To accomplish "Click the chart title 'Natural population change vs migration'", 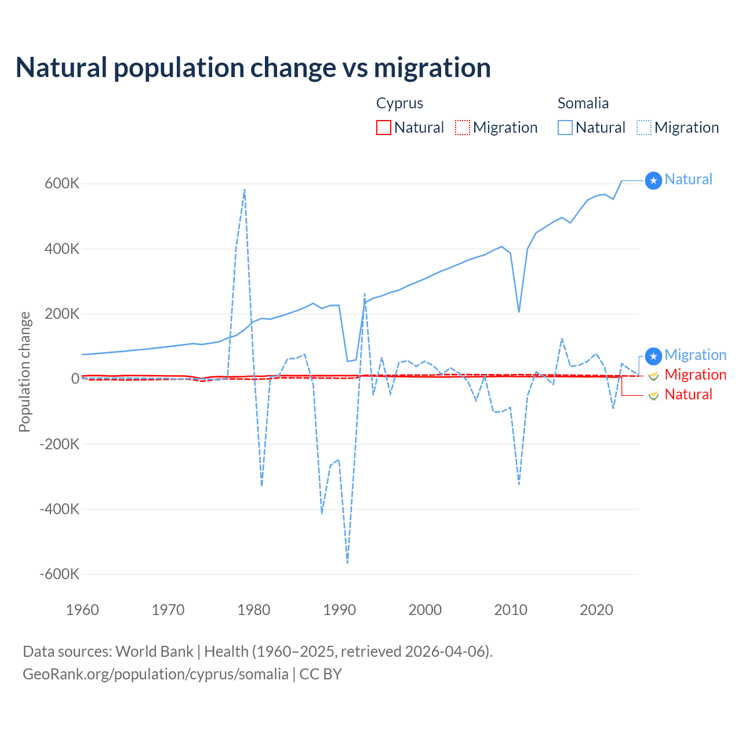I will pos(253,68).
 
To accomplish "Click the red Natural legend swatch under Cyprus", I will pos(384,128).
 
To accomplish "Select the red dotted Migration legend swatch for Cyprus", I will pos(463,128).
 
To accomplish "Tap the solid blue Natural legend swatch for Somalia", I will pos(565,128).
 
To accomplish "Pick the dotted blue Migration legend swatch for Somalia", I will pos(644,128).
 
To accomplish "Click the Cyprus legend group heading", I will pos(399,103).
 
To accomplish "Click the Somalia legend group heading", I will pos(583,103).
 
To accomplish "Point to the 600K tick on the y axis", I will pos(63,184).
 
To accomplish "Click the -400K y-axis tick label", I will pos(59,509).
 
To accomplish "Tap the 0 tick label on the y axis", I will pos(75,379).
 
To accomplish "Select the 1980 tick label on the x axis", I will pos(254,610).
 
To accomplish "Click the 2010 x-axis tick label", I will pos(511,610).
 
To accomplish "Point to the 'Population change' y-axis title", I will pos(24,372).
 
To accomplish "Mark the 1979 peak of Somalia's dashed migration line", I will pos(245,190).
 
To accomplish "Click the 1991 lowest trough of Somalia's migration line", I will pos(347,562).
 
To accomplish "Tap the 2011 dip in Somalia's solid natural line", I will pos(519,311).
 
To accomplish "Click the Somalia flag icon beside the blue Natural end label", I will pos(653,181).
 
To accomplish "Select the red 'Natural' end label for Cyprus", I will pos(688,395).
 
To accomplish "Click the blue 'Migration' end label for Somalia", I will pos(695,355).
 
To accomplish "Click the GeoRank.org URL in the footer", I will pos(155,674).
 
